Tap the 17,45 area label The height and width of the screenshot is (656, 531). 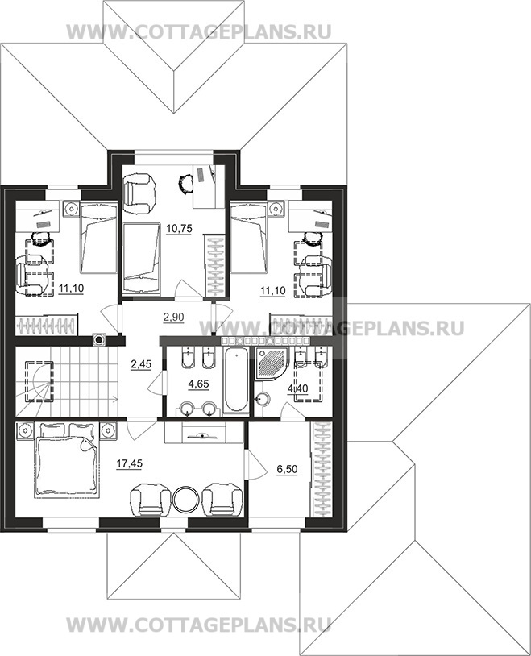pos(129,463)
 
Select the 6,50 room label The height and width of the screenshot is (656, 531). pos(287,469)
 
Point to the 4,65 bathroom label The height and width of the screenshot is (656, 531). pos(199,384)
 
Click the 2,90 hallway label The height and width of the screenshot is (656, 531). pos(173,318)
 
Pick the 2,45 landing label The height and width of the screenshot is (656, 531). pos(141,364)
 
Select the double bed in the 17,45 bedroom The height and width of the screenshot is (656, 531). pos(67,460)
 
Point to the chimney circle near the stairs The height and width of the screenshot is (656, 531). pos(100,340)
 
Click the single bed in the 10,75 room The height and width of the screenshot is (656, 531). pos(142,259)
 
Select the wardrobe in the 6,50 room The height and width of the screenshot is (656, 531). pos(322,470)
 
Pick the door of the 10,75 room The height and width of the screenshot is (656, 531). pos(184,289)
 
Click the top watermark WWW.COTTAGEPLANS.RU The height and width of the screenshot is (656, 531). pos(199,31)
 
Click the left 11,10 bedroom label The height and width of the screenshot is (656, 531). pos(71,289)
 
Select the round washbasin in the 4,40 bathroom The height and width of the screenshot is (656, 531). pos(263,399)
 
